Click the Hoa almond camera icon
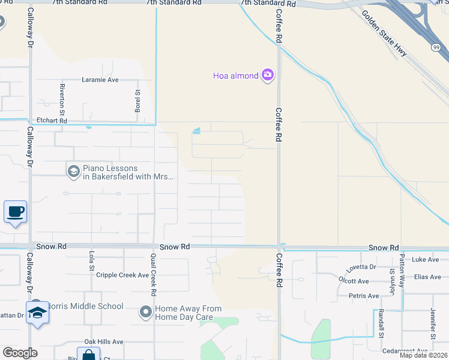pyautogui.click(x=268, y=75)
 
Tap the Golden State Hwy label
pyautogui.click(x=384, y=34)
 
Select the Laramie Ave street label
pyautogui.click(x=100, y=80)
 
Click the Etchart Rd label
pyautogui.click(x=52, y=121)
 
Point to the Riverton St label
pyautogui.click(x=62, y=95)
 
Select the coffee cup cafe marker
pyautogui.click(x=16, y=212)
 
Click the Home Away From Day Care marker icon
pyautogui.click(x=145, y=312)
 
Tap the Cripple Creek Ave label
pyautogui.click(x=122, y=275)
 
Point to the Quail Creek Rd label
pyautogui.click(x=153, y=275)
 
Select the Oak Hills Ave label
pyautogui.click(x=103, y=341)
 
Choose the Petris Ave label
pyautogui.click(x=364, y=296)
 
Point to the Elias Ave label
pyautogui.click(x=427, y=277)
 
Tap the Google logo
pyautogui.click(x=20, y=352)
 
